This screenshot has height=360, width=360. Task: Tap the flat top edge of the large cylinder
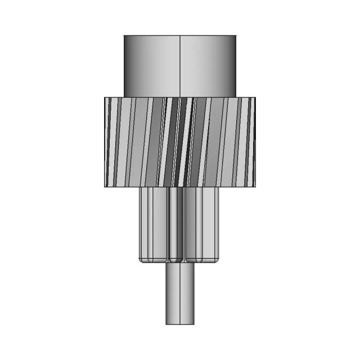pos(180,35)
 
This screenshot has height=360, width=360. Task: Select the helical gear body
pos(180,142)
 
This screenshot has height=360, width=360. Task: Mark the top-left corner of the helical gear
pos(105,97)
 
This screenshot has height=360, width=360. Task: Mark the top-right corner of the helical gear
pos(255,97)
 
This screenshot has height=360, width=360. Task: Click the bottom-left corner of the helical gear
pos(105,186)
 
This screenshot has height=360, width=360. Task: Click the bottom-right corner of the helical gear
pos(255,186)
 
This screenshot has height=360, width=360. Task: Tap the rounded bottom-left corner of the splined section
pos(140,260)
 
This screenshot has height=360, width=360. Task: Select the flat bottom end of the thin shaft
pos(180,324)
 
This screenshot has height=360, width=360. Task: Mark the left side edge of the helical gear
pos(105,142)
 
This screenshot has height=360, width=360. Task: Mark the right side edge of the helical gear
pos(255,142)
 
